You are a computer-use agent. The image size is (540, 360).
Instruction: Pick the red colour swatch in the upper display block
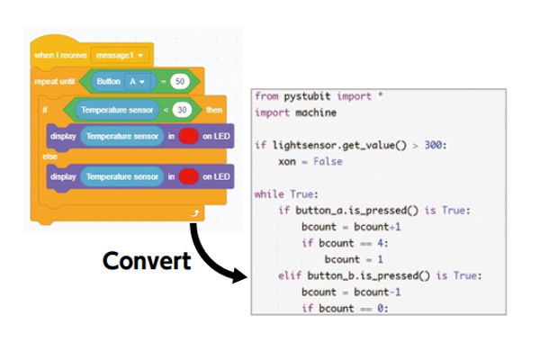189,136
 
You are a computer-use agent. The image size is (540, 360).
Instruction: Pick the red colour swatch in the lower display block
189,176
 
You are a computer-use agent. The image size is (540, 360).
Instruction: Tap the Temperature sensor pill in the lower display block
121,176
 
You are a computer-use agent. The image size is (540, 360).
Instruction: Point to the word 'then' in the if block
214,110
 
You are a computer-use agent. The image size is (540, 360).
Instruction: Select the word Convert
146,261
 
